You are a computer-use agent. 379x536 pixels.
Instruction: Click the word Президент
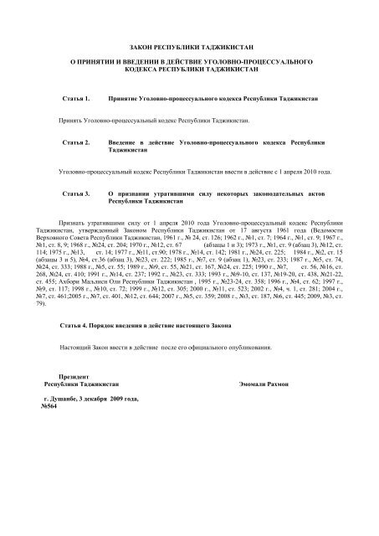pos(75,377)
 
